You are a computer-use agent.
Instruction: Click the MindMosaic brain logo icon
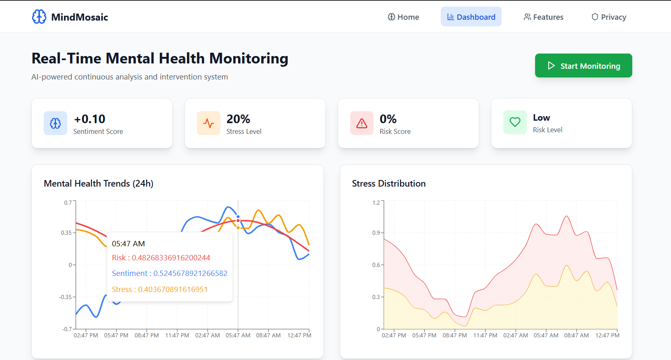tap(39, 17)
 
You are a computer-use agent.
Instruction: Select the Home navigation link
tap(403, 17)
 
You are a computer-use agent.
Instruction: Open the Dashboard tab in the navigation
tap(471, 17)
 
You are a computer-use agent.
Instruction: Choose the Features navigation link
tap(543, 17)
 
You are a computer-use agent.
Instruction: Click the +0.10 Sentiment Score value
tap(90, 119)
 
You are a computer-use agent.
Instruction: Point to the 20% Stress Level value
tap(238, 119)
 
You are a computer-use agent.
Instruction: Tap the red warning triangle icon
tap(362, 123)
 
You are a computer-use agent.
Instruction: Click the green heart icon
tap(515, 122)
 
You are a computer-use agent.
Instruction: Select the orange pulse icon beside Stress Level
tap(208, 123)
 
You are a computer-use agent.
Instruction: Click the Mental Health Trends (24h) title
tap(98, 184)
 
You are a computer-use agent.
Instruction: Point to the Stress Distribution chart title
tap(388, 184)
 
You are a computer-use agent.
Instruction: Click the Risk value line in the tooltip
tap(161, 258)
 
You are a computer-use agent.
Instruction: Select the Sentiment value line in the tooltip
tap(170, 274)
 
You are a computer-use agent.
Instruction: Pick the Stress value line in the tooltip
tap(160, 290)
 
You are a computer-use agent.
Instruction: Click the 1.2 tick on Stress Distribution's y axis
tap(376, 203)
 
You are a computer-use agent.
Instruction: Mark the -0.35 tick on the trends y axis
tap(65, 297)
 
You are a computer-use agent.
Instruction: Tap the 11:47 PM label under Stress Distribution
tap(485, 335)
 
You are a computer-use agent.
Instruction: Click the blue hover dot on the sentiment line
tap(238, 217)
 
